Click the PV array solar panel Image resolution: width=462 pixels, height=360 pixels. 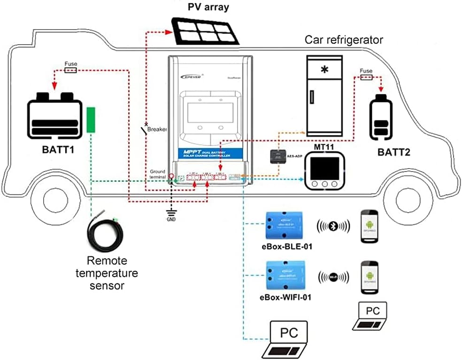(x=205, y=31)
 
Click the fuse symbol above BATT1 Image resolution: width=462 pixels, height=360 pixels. (x=70, y=70)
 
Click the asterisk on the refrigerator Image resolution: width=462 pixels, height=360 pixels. (x=324, y=70)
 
